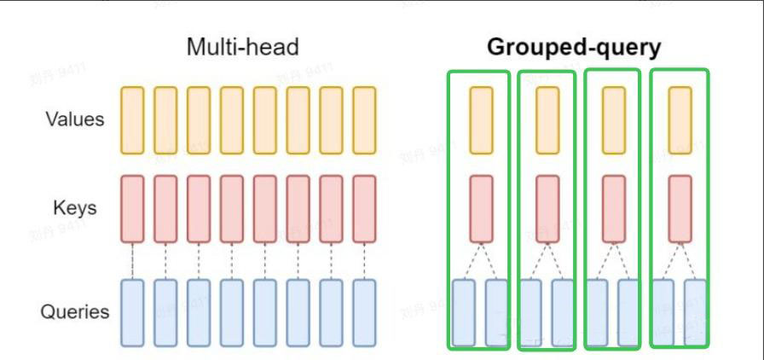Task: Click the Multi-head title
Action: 243,48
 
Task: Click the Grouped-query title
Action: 573,48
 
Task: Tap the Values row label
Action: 75,119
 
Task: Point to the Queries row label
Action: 75,311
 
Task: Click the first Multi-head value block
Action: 132,119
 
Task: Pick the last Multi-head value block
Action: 364,119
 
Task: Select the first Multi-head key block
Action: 132,208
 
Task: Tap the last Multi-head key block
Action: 364,208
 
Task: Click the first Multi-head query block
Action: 132,311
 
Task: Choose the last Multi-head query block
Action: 364,311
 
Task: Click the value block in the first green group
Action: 481,119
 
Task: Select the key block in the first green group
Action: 481,208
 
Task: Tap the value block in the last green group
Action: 680,119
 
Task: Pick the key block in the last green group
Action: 680,208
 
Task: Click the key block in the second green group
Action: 547,208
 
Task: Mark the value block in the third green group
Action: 613,119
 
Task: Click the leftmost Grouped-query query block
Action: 464,311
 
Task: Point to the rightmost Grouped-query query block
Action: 696,311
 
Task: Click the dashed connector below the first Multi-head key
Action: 132,260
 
